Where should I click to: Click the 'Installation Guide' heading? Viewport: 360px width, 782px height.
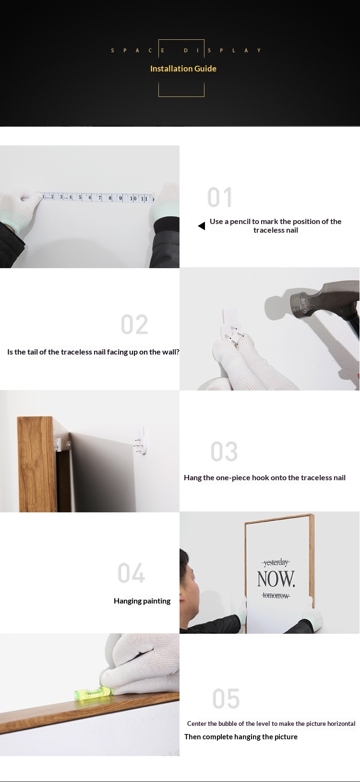(183, 69)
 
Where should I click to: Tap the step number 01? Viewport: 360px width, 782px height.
(220, 197)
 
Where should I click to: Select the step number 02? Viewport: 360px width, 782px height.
(134, 324)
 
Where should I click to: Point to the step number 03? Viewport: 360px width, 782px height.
(224, 451)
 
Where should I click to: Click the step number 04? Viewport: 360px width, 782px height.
(132, 573)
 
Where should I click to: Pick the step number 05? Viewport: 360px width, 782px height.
(226, 699)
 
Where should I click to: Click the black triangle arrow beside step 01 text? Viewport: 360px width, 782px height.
(202, 226)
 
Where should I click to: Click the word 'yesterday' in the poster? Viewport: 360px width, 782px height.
(276, 562)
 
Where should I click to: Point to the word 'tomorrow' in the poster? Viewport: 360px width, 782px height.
(276, 595)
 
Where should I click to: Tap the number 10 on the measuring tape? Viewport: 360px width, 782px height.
(133, 198)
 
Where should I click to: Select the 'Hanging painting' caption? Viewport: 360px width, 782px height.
(142, 601)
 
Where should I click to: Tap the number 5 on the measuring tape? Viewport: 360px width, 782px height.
(80, 197)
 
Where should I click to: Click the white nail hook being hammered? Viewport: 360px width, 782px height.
(230, 325)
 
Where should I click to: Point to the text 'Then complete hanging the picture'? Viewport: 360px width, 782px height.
(241, 736)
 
